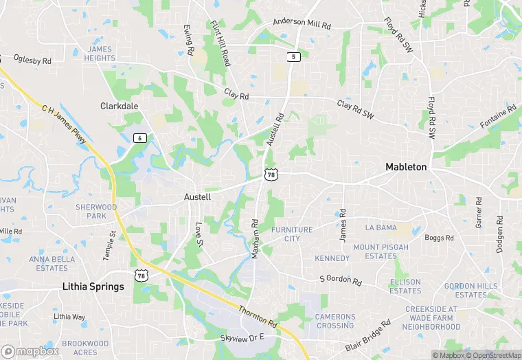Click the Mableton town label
point(406,167)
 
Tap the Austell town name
point(197,196)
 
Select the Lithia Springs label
point(93,286)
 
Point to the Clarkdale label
point(119,106)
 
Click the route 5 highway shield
point(293,57)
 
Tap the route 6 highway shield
point(140,138)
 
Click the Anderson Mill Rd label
point(302,23)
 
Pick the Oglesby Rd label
point(32,60)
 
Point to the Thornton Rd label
point(258,311)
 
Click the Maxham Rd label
point(255,238)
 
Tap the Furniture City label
point(292,234)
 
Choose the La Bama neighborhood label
point(381,227)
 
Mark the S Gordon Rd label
point(341,280)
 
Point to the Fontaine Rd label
point(498,117)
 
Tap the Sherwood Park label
point(96,211)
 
